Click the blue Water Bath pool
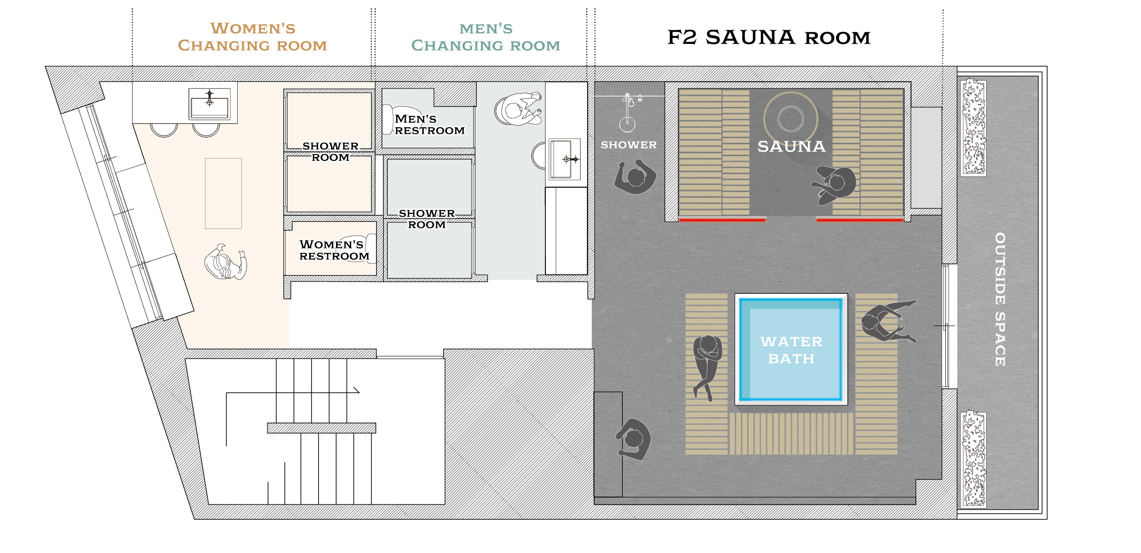click(791, 349)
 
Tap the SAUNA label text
click(791, 147)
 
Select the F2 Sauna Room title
click(769, 37)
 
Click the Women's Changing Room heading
click(252, 37)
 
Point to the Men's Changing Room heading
click(486, 37)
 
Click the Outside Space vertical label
click(1000, 299)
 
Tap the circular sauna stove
click(790, 118)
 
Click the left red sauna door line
click(722, 220)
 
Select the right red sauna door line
click(859, 220)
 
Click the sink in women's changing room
click(210, 104)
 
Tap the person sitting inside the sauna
click(834, 184)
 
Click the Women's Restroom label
click(334, 250)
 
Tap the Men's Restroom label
click(429, 125)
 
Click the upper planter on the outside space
click(973, 127)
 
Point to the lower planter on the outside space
click(973, 459)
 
